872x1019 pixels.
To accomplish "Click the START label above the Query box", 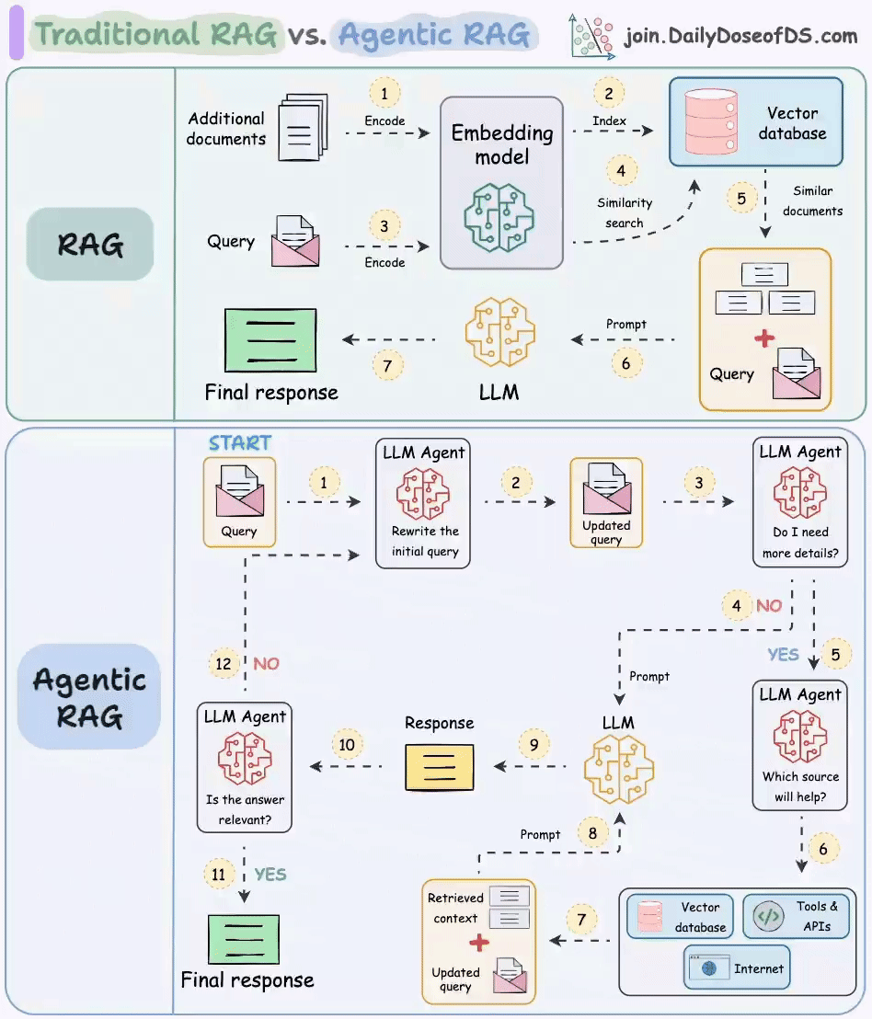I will tap(239, 442).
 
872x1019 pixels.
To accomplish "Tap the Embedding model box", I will tap(501, 182).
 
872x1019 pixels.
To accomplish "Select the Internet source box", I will tap(737, 967).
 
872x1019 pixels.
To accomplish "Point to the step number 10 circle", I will tap(347, 744).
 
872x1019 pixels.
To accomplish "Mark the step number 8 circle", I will tap(592, 833).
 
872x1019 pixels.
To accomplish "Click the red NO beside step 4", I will tap(768, 606).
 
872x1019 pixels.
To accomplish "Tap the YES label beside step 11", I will tap(270, 874).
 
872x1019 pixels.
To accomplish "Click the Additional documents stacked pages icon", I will tap(304, 127).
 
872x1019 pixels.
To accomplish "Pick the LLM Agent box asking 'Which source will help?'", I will tap(799, 745).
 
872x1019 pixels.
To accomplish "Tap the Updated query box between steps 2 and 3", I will tap(606, 502).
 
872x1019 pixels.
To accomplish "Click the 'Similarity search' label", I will tap(625, 212).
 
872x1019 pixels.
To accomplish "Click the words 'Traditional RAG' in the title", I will tap(155, 35).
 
